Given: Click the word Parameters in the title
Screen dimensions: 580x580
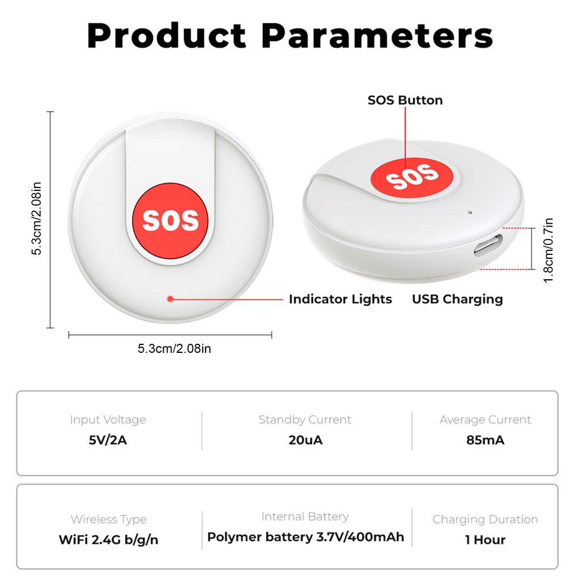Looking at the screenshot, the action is point(377,36).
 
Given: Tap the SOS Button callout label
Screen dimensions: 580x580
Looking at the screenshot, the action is point(405,100).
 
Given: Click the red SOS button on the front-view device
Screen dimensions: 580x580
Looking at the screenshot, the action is point(170,221).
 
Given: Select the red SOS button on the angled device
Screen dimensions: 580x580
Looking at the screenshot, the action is point(412,177).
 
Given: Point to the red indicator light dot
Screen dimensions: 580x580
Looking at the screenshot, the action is point(170,299).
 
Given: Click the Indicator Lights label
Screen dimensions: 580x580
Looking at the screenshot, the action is point(340,299).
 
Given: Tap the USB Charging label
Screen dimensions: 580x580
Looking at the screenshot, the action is point(458,299).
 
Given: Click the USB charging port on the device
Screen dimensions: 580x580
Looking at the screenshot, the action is point(489,245).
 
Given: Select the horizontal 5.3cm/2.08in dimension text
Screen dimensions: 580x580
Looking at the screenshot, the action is point(174,348).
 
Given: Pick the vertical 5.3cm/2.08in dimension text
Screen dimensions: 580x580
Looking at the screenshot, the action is point(36,219).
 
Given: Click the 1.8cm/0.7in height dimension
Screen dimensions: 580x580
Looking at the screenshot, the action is point(548,250).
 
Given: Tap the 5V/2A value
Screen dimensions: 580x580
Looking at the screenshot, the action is point(108,440).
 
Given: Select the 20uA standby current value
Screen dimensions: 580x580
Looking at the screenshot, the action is point(305,440).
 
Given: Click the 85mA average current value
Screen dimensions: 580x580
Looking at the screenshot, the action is point(485,440).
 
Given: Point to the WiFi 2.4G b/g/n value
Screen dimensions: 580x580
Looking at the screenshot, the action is point(108,540).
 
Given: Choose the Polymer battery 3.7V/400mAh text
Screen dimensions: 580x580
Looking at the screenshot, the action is point(305,537).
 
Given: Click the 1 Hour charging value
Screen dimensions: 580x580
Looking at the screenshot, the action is point(485,540).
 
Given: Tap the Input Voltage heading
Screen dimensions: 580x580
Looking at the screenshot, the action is point(108,420).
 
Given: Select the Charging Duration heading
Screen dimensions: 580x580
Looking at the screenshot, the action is point(485,520).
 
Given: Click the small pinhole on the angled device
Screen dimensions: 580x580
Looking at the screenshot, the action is point(470,213).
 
